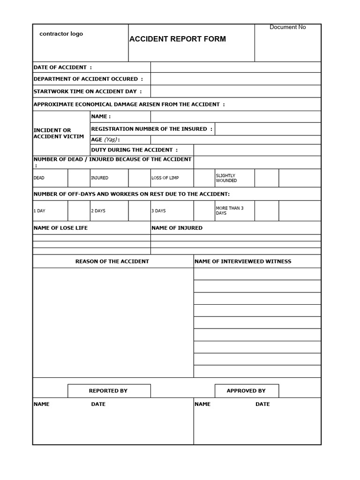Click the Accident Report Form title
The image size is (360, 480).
(177, 39)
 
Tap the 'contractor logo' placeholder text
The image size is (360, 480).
(61, 34)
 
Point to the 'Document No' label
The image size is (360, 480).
(287, 27)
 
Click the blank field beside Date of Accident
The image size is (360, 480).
(236, 67)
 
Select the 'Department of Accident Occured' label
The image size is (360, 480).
(88, 79)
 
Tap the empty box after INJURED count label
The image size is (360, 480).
(139, 178)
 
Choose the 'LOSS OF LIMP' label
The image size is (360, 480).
(165, 178)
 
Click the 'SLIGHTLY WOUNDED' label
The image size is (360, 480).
(226, 178)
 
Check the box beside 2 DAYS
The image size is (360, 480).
(139, 210)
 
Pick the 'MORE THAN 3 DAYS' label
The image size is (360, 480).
(230, 210)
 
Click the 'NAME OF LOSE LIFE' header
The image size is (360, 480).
(60, 228)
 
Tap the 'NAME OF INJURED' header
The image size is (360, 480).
(177, 228)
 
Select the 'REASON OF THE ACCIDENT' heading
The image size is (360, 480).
(112, 261)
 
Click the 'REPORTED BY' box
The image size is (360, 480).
(108, 390)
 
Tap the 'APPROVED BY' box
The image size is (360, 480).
(246, 390)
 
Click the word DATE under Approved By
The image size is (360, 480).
(262, 404)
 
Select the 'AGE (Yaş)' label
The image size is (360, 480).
(105, 140)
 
